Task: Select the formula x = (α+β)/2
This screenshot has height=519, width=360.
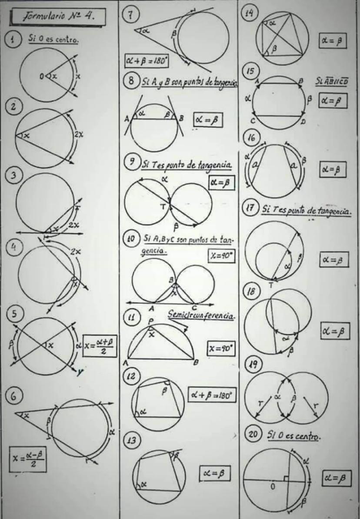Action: coord(100,346)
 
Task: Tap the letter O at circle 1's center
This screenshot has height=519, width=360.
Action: coord(42,77)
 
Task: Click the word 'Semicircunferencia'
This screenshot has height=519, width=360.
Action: coord(202,315)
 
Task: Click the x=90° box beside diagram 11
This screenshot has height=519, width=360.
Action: coord(220,349)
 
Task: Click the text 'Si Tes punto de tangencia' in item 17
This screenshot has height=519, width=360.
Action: coord(307,211)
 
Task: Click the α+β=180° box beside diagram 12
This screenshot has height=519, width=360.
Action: coord(212,395)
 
